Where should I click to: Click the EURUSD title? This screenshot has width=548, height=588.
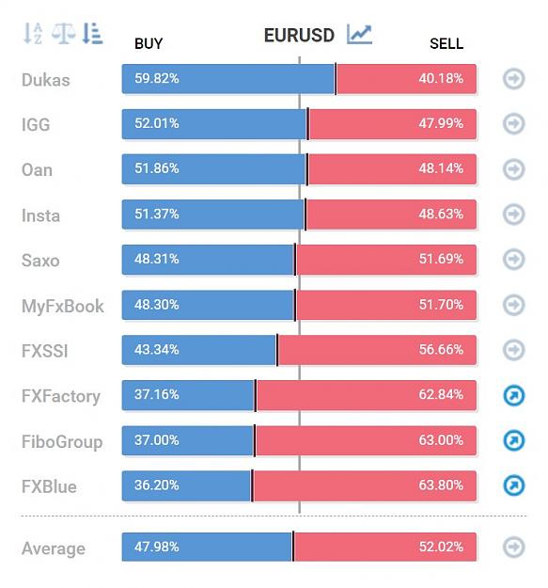(299, 36)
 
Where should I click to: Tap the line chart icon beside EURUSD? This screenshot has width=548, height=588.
(359, 34)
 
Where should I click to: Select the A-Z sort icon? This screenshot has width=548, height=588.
(33, 33)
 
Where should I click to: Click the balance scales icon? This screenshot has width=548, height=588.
(63, 33)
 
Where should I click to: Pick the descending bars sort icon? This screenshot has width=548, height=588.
(92, 33)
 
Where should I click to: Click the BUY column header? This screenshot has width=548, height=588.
(149, 44)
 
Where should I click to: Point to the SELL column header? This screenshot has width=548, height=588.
(446, 44)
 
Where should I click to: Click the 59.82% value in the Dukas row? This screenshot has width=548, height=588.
(157, 78)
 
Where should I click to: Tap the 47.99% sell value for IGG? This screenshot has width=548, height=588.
(441, 123)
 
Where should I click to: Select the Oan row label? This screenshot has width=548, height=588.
(37, 170)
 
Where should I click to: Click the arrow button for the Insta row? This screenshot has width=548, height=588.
(513, 215)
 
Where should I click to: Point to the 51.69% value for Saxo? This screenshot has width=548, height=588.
(441, 259)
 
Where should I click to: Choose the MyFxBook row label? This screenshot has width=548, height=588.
(63, 307)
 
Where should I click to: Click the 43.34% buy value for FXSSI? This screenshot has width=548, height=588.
(157, 349)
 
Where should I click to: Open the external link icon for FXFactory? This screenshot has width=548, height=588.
(513, 395)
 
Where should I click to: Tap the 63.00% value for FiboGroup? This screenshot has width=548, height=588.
(441, 440)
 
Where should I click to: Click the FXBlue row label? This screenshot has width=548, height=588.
(49, 486)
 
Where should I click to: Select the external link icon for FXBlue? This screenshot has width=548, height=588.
(513, 485)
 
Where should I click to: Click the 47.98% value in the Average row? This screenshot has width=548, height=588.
(157, 547)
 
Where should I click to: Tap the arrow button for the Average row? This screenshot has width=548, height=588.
(513, 547)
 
